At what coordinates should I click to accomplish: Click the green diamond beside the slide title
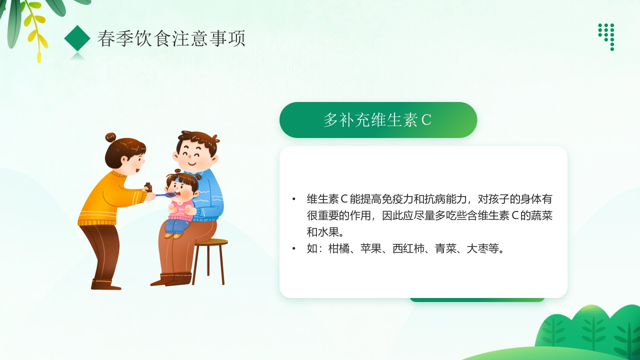[x=77, y=38]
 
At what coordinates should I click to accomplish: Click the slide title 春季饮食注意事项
[x=171, y=39]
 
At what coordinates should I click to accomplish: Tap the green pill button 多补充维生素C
[x=378, y=120]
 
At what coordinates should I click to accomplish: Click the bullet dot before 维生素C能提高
[x=294, y=199]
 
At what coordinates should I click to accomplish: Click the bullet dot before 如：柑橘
[x=294, y=248]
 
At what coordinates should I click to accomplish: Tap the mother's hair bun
[x=110, y=137]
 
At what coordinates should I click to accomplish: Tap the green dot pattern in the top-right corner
[x=606, y=35]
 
